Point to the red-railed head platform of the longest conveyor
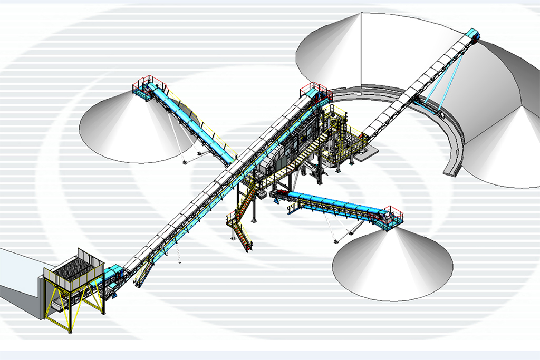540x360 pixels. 315,91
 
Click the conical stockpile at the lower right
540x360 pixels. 393,264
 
